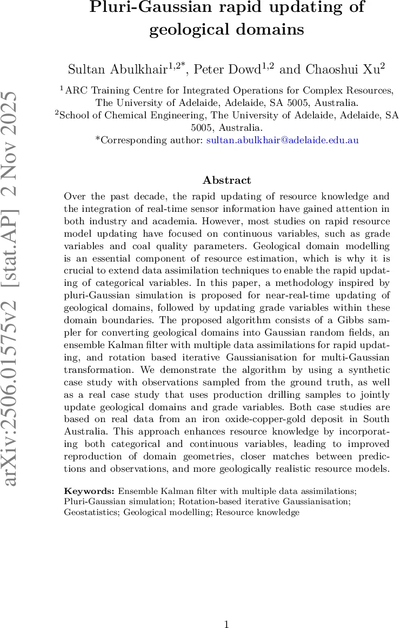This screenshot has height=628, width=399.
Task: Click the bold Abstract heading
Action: click(x=227, y=181)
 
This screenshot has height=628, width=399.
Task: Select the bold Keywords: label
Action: click(x=89, y=491)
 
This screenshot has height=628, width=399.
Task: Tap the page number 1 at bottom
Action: click(x=227, y=625)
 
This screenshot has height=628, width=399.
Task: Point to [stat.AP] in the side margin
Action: click(x=15, y=265)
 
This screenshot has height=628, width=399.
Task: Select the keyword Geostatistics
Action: click(x=91, y=512)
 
